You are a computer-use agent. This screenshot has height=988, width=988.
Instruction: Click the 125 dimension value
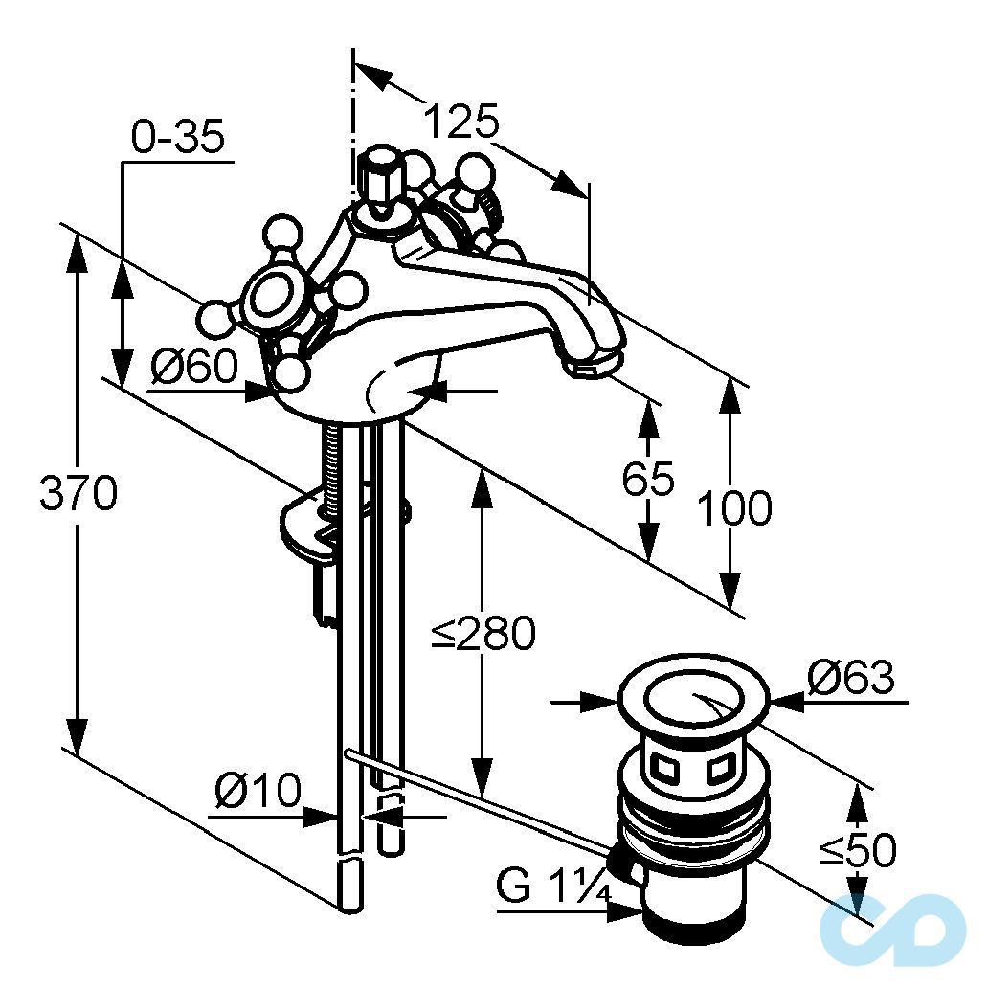click(x=461, y=123)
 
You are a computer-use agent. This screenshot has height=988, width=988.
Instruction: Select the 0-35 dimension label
click(x=178, y=139)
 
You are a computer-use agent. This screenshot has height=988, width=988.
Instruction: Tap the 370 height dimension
click(x=79, y=494)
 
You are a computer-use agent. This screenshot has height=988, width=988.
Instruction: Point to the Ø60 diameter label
click(x=193, y=366)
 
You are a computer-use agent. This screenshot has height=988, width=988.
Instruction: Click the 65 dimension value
click(x=648, y=478)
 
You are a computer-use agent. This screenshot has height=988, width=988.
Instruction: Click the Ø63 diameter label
click(x=850, y=678)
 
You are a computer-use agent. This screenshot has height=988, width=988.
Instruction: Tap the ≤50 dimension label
click(x=858, y=849)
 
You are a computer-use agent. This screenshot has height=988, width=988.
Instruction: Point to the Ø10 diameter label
click(x=258, y=792)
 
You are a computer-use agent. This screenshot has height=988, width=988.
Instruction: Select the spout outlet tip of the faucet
click(x=594, y=363)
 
